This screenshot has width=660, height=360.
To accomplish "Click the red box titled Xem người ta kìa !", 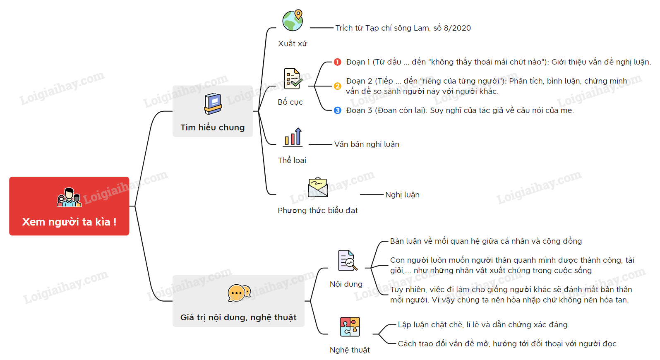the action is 69,206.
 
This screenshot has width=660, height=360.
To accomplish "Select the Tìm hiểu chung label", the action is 212,127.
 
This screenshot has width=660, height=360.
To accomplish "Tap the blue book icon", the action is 213,103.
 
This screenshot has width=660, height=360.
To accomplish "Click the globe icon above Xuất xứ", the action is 293,20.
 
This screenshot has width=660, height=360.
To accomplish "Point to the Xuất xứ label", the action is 292,44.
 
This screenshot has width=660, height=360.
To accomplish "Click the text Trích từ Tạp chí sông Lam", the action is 382,28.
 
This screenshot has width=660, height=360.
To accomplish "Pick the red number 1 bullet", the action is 337,62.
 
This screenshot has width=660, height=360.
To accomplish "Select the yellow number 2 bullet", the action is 337,86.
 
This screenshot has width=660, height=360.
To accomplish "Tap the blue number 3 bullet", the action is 337,110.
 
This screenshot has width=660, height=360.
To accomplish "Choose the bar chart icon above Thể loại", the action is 293,137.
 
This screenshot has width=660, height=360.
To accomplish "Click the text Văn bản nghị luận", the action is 367,144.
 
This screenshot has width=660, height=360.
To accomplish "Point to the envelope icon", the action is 318,187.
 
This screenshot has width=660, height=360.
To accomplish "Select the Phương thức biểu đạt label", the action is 318,210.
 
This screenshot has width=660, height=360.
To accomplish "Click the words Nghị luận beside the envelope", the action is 403,195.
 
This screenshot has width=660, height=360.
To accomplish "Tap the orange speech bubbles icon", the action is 239,293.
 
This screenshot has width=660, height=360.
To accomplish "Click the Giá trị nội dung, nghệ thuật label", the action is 238,317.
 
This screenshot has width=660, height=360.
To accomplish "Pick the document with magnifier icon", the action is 348,260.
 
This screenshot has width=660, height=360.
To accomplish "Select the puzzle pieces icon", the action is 350,327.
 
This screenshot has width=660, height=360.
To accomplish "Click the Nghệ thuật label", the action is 350,350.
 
